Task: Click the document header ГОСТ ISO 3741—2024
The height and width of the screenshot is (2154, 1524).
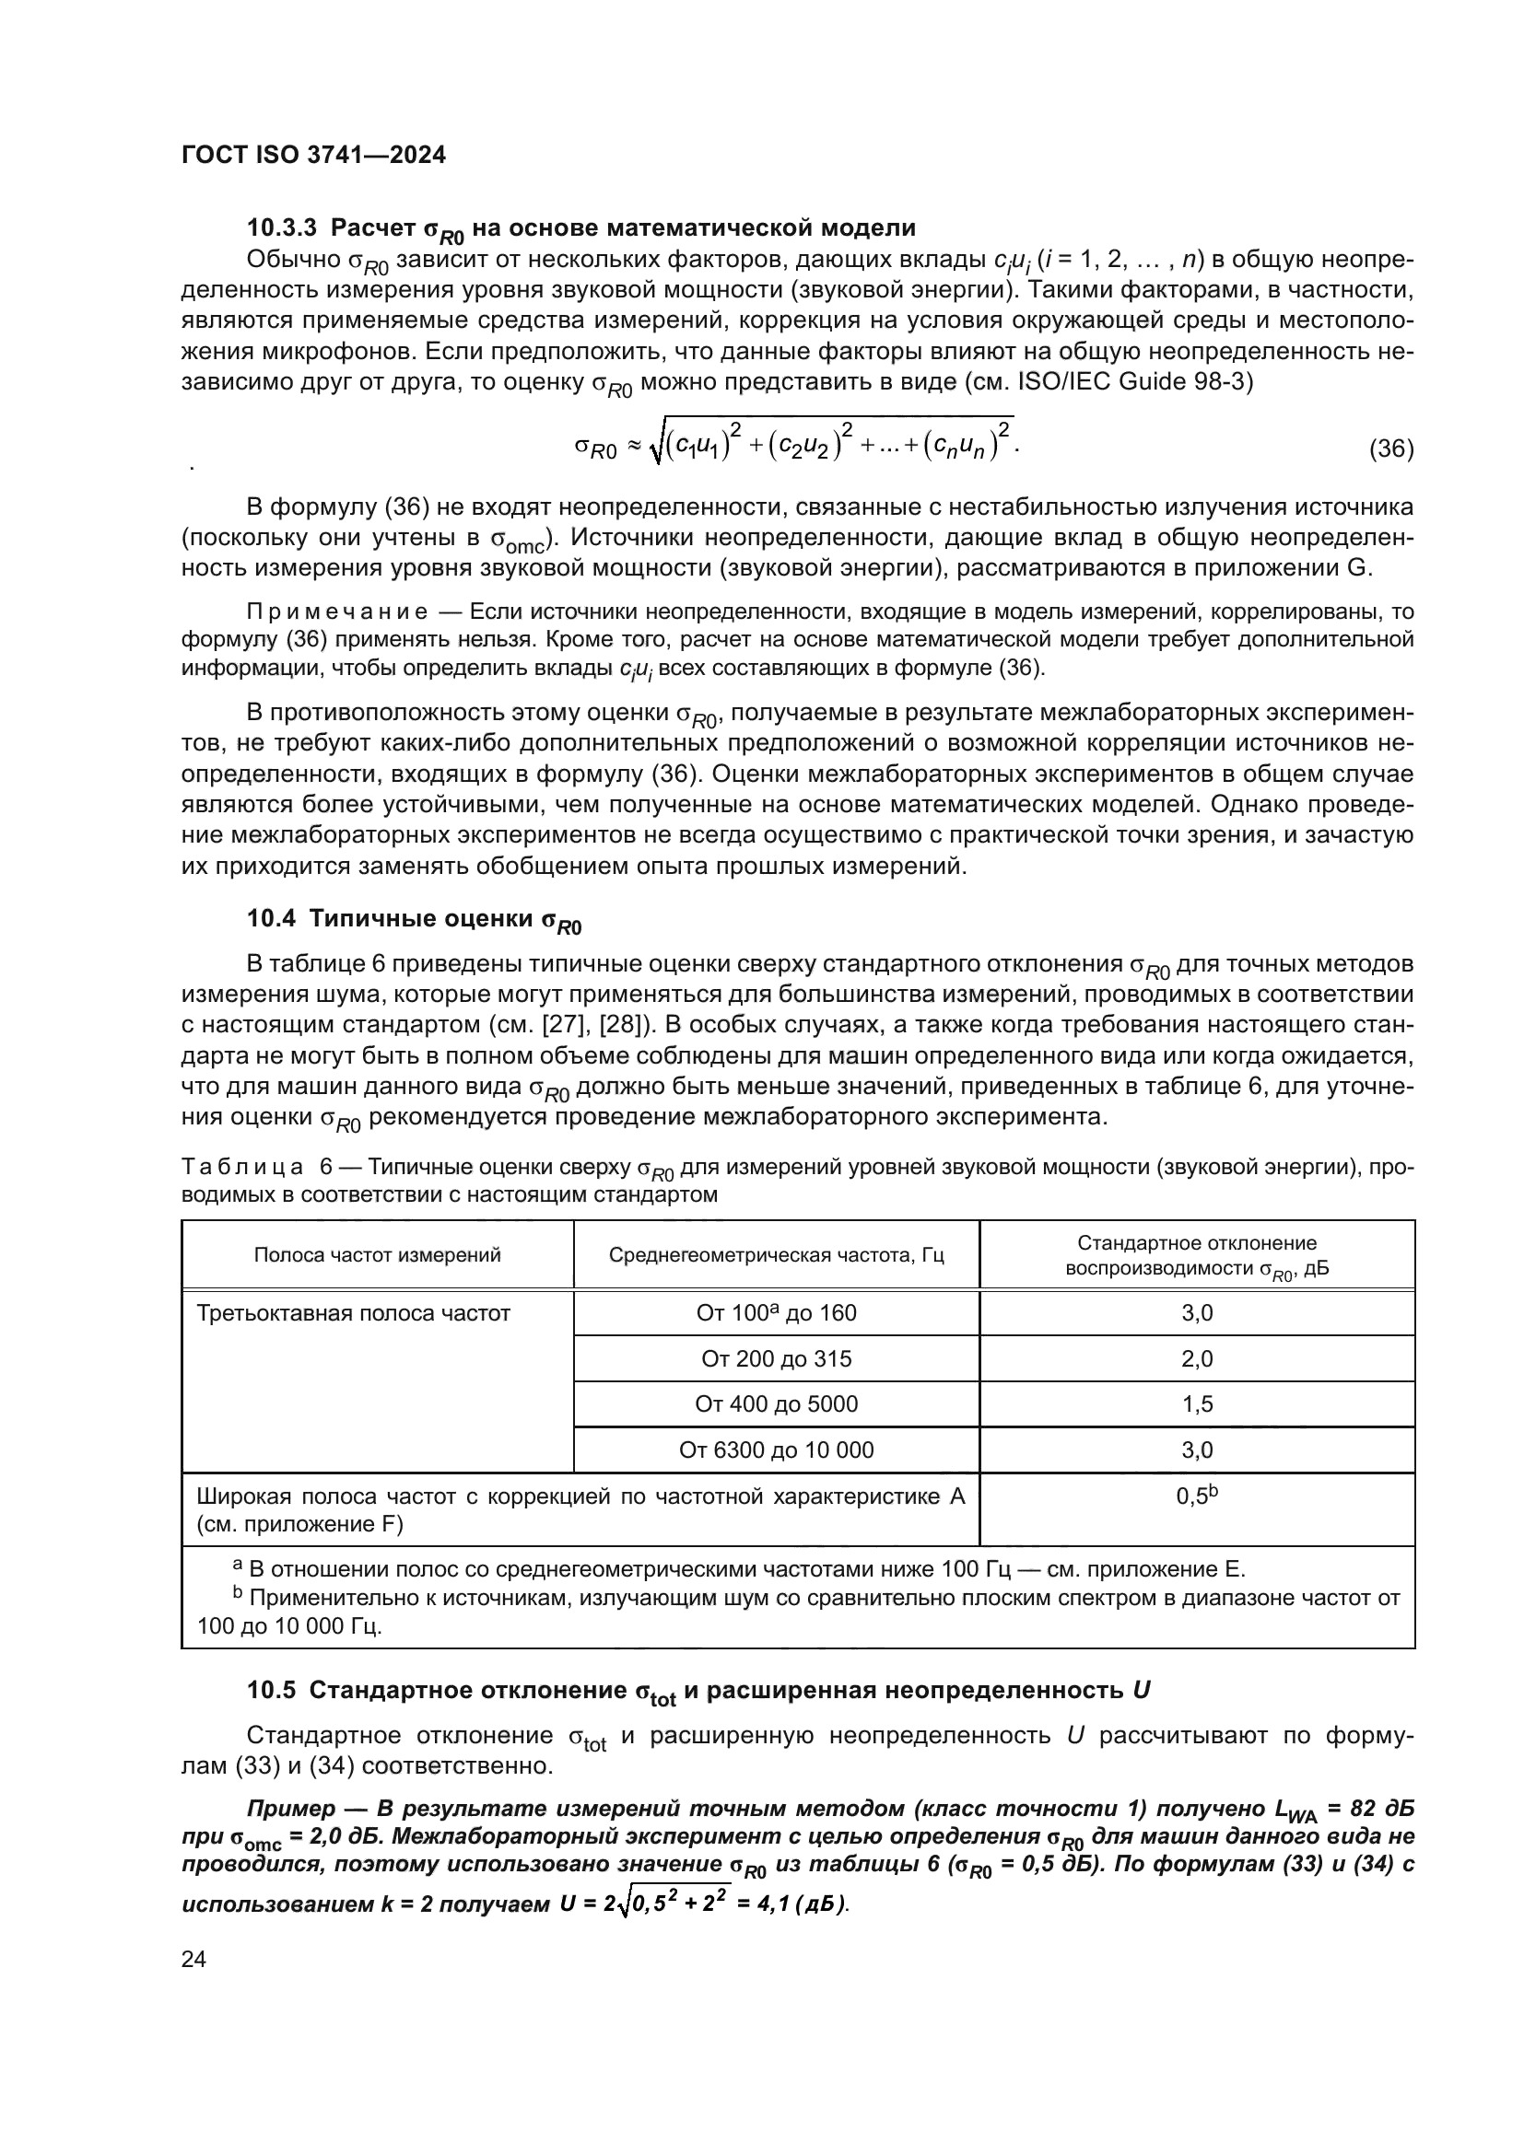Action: tap(312, 156)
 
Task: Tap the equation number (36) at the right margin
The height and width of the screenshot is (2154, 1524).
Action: tap(1390, 448)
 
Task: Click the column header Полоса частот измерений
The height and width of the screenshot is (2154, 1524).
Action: tap(377, 1255)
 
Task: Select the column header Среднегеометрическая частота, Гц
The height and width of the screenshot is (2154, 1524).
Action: tap(776, 1255)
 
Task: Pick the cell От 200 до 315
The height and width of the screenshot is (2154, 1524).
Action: tap(776, 1358)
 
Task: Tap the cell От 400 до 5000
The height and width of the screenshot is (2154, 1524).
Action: tap(776, 1404)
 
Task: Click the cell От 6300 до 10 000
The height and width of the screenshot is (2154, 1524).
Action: tap(776, 1450)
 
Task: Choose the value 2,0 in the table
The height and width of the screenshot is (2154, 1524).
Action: tap(1197, 1358)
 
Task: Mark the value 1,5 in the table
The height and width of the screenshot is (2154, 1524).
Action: tap(1197, 1404)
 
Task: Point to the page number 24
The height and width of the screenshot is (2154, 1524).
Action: tap(193, 1959)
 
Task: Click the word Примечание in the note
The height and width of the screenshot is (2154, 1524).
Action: tap(337, 612)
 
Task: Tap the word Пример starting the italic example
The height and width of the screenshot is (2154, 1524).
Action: tap(290, 1809)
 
